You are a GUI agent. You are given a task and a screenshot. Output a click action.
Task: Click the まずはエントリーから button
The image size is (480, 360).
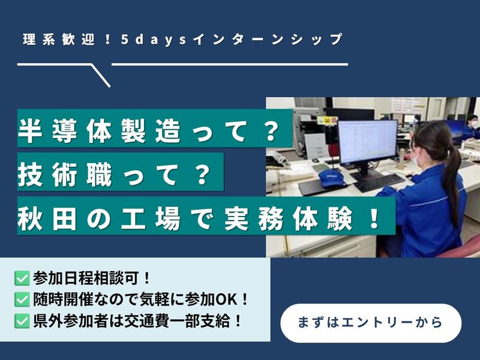pos(370,323)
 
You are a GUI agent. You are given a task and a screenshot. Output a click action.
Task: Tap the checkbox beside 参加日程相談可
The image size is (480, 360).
pos(22,278)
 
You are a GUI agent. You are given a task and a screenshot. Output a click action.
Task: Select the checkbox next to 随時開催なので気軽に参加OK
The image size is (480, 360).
pos(22,299)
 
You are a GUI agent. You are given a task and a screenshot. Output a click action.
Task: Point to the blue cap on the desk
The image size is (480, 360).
pos(330,178)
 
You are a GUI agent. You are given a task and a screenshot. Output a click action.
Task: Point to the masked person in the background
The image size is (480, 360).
pos(472,125)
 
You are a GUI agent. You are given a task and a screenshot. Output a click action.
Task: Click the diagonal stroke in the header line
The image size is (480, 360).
pos(101,76)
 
